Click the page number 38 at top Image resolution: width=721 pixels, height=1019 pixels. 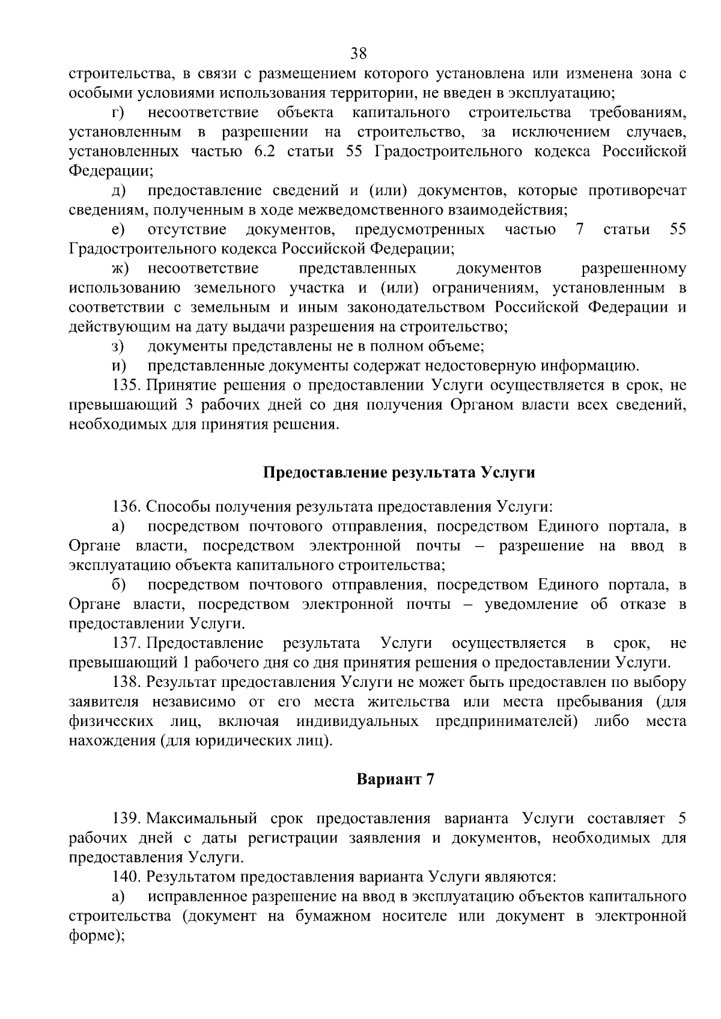pyautogui.click(x=359, y=53)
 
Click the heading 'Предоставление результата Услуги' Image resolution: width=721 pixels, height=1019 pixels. pyautogui.click(x=399, y=473)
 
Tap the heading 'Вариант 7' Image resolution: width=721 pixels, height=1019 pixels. pyautogui.click(x=395, y=779)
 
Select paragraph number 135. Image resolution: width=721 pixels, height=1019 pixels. pyautogui.click(x=128, y=386)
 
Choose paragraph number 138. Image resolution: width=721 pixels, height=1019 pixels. pyautogui.click(x=128, y=683)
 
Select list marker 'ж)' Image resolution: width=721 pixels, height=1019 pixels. pyautogui.click(x=120, y=268)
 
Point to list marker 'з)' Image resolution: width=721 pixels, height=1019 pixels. pyautogui.click(x=118, y=346)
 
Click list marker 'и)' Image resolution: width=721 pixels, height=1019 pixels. pyautogui.click(x=118, y=366)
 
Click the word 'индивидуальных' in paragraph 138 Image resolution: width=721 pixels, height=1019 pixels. pyautogui.click(x=357, y=721)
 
